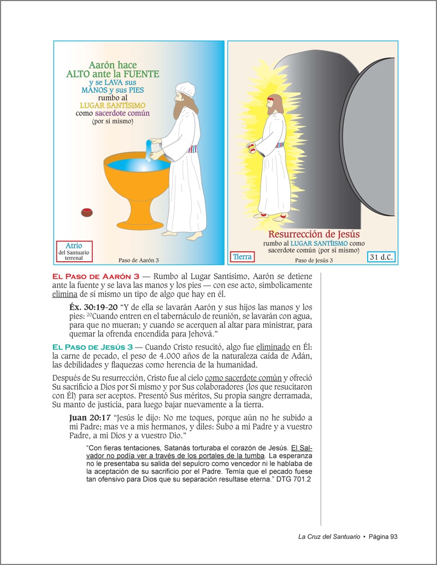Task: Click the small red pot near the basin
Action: (x=87, y=212)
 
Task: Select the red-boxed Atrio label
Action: (x=74, y=251)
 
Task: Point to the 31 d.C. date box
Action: (x=381, y=256)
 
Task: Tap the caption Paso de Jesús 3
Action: (x=314, y=260)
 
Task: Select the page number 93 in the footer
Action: (x=392, y=536)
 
